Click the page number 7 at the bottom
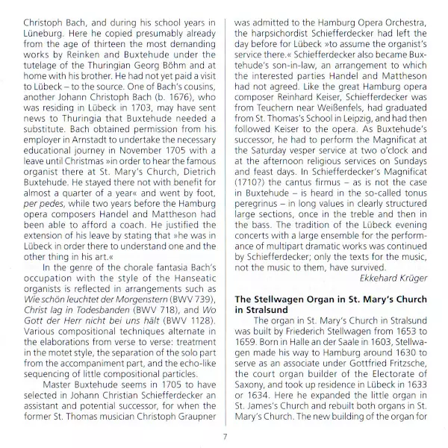224,438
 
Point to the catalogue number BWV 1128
188,295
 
